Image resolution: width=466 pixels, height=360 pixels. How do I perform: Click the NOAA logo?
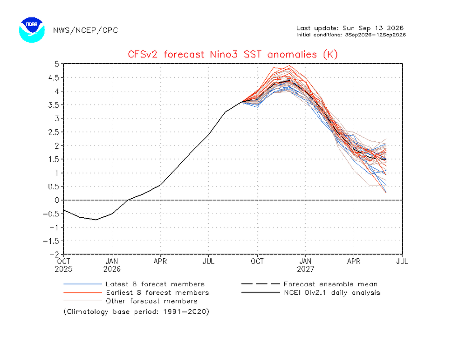(32, 30)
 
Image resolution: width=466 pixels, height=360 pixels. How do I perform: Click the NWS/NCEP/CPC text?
(86, 30)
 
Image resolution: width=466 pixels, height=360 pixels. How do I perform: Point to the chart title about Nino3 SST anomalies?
(233, 55)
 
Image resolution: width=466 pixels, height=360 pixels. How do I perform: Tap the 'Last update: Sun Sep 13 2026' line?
(350, 28)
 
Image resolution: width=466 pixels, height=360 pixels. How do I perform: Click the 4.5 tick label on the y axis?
(54, 78)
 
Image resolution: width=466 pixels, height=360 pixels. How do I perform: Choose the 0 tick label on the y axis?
(57, 200)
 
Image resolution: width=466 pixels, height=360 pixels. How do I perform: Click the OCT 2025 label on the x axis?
(63, 265)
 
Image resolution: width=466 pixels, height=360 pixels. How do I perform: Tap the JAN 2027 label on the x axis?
(306, 265)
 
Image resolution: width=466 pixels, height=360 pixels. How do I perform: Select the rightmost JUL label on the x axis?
(402, 262)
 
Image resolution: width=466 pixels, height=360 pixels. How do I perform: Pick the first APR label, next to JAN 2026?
(160, 262)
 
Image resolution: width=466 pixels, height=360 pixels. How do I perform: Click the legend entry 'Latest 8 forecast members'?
(155, 284)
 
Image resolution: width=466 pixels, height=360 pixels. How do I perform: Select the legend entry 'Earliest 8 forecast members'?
(158, 293)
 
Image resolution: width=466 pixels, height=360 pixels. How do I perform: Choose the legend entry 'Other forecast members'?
(151, 301)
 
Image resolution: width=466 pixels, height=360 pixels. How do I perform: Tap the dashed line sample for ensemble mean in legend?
(260, 284)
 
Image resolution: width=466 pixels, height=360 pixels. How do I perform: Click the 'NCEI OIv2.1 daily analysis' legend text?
(332, 293)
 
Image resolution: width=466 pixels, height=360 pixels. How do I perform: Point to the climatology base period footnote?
(137, 312)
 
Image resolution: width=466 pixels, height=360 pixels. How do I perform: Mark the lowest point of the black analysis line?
(96, 220)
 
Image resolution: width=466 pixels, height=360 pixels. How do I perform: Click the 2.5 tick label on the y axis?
(54, 132)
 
